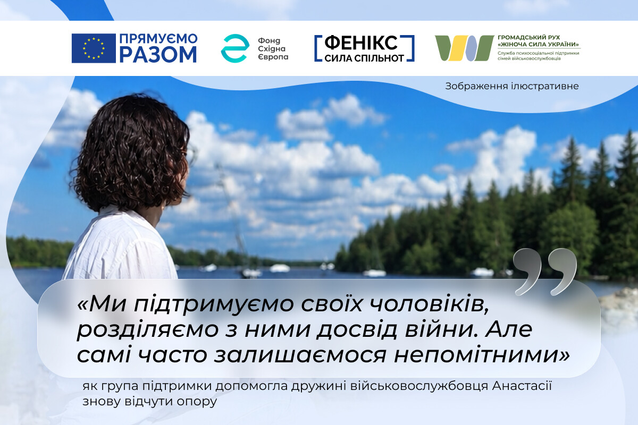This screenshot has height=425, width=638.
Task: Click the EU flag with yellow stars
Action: [94, 48]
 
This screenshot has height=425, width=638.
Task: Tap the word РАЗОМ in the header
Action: [158, 54]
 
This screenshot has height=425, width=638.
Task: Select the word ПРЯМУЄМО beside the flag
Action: [158, 38]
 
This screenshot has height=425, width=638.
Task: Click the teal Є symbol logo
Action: [235, 48]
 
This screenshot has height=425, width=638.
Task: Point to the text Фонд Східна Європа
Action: [273, 48]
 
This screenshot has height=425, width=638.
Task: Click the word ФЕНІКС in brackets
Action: [361, 43]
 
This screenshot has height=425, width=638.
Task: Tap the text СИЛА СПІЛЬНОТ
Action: [364, 58]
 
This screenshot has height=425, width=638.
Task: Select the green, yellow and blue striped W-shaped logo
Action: [464, 48]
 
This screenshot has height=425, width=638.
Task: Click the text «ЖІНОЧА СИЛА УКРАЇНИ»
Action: [538, 45]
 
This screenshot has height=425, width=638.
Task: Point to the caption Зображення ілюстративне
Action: [512, 86]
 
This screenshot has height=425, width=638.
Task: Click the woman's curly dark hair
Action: [131, 154]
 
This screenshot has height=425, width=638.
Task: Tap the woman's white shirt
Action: [120, 245]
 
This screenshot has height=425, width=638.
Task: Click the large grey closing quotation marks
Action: [545, 271]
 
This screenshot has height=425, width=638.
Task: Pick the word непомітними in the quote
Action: [482, 355]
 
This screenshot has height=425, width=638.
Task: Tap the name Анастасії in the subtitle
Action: [522, 386]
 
